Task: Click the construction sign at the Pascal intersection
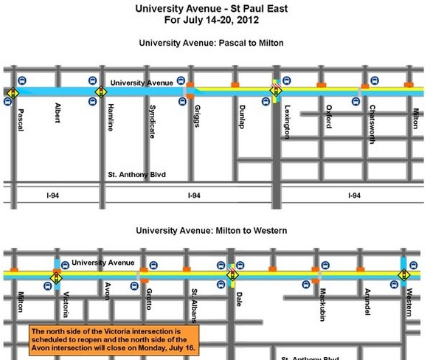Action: (14, 91)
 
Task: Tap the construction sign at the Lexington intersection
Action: (276, 91)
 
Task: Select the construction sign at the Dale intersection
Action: (232, 276)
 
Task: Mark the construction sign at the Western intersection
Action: (405, 275)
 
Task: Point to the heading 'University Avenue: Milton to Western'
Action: (211, 230)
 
